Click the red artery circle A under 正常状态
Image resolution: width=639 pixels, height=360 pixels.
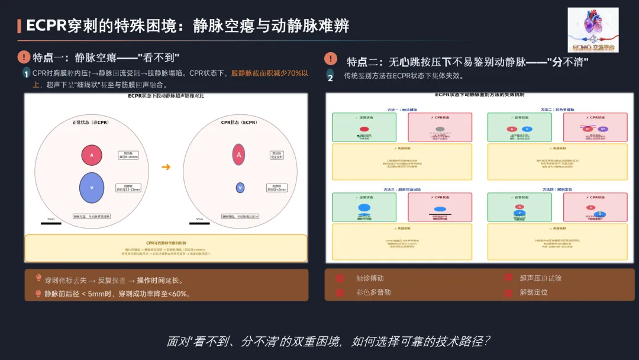92,155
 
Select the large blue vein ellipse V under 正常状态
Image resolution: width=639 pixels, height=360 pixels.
92,187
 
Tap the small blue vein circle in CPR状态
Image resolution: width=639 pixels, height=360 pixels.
240,188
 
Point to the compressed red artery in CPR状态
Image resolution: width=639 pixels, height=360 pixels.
239,155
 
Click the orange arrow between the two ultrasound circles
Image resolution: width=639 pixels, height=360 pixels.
166,167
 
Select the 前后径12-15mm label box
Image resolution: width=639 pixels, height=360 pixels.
128,188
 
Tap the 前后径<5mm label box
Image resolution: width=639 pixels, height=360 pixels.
277,188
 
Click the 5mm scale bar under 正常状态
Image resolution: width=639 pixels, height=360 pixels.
51,223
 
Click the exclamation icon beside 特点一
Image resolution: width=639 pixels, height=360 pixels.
24,57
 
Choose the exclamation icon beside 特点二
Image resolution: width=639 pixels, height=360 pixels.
331,59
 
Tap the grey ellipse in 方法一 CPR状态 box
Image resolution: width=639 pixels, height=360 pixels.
440,128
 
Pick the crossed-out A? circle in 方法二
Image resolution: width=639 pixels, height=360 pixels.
588,128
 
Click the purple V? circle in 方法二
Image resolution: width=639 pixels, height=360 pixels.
602,128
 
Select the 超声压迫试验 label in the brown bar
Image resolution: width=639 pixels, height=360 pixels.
541,278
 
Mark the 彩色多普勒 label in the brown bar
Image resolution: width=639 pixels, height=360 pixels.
373,292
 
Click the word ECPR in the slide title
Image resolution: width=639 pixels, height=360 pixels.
46,25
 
